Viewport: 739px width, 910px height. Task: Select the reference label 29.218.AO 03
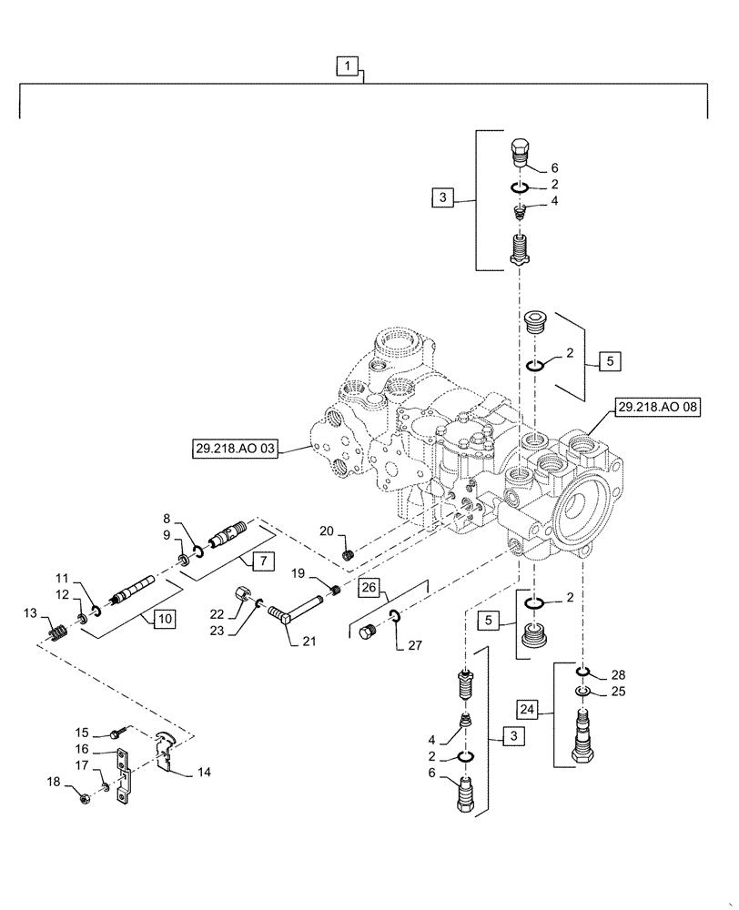pos(234,449)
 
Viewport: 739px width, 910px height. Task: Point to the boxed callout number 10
pos(165,619)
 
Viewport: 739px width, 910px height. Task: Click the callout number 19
pos(297,573)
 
